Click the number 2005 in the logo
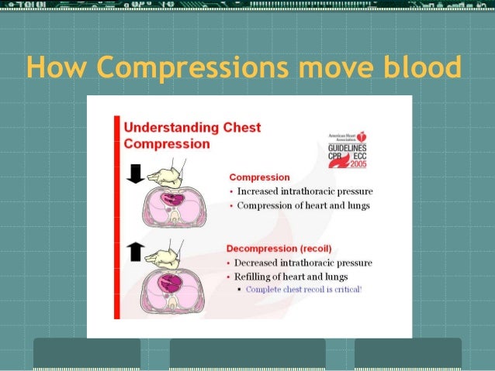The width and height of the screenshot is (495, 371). coord(358,164)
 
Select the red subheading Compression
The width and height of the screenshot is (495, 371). coord(259,177)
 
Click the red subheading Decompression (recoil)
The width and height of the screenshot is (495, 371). coord(279,249)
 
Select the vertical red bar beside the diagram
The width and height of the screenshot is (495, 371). coord(116,217)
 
